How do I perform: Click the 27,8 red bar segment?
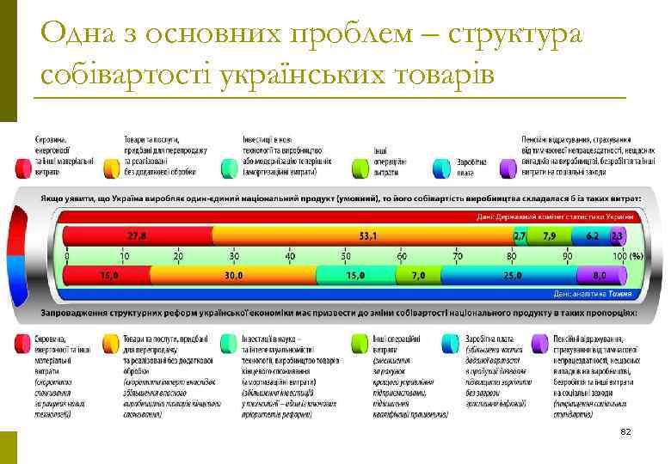pos(138,235)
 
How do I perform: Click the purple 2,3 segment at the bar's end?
pos(616,235)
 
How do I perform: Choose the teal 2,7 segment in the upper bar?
pos(519,235)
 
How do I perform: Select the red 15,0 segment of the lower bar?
pos(108,275)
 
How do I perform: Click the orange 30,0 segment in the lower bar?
pos(233,275)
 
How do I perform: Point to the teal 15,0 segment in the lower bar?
pos(355,275)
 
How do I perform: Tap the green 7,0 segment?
pos(418,275)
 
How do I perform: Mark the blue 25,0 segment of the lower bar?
pos(513,275)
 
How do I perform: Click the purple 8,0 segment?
pos(600,275)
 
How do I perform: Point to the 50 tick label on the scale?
pos(345,256)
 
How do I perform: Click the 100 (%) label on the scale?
pos(626,256)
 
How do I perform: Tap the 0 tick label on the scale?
pos(68,256)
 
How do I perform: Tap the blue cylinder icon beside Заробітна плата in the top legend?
pos(442,168)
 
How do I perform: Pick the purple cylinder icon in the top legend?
pos(508,168)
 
